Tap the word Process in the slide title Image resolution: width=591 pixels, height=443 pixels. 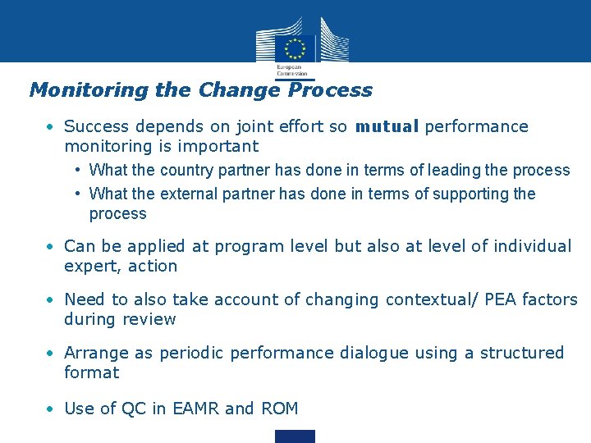330,90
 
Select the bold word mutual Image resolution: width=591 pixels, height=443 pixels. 387,126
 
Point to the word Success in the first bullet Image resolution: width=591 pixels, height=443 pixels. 97,126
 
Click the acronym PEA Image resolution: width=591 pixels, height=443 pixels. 490,300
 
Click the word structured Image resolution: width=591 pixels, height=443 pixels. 522,353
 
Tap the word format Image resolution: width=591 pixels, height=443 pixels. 91,372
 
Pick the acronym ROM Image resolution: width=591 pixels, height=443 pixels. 280,409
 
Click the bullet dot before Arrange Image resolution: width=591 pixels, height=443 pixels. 51,353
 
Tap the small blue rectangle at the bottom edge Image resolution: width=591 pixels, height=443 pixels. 295,436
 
